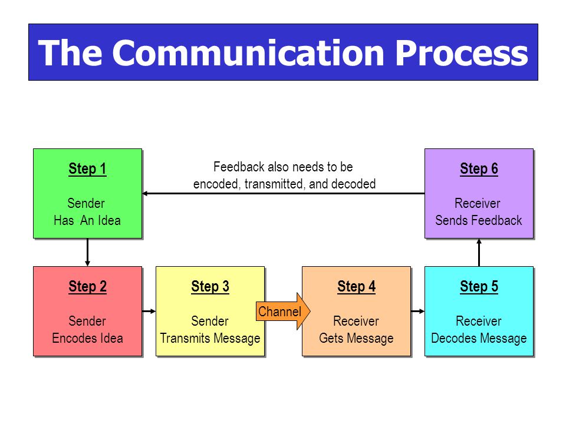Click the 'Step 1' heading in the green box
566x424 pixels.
(x=87, y=169)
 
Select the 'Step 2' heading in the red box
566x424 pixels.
(x=87, y=287)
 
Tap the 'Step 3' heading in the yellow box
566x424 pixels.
(x=210, y=287)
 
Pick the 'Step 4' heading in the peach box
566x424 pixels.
(x=356, y=287)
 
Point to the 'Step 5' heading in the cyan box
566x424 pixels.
(x=479, y=287)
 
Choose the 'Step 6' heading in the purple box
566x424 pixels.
(x=479, y=169)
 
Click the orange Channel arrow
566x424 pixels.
(x=283, y=311)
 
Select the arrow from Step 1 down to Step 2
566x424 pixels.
(x=87, y=253)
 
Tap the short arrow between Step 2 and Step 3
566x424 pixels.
(x=149, y=311)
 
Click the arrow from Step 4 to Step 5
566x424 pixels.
(x=417, y=311)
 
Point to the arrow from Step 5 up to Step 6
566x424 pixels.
(x=479, y=253)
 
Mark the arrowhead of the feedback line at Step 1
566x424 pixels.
(x=144, y=194)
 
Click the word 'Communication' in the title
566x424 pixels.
(x=248, y=52)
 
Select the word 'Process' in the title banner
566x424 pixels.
(x=462, y=52)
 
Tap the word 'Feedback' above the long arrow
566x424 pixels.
(x=239, y=167)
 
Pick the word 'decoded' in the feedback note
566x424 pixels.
(x=353, y=184)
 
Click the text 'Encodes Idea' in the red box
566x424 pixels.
(x=87, y=338)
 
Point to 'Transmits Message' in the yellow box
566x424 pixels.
(x=210, y=338)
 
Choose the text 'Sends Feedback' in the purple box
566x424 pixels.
(x=479, y=220)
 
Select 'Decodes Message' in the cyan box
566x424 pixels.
(x=479, y=338)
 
